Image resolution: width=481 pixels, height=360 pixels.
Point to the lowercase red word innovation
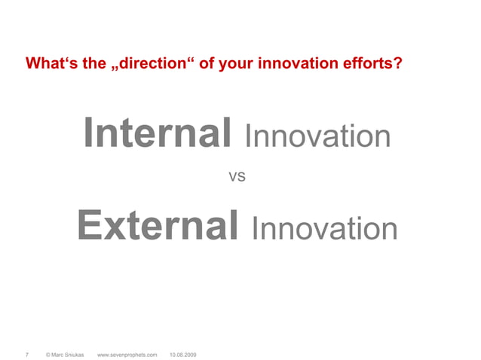coord(291,63)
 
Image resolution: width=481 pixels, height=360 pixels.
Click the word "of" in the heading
coord(205,63)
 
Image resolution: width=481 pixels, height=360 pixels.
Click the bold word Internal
coord(158,134)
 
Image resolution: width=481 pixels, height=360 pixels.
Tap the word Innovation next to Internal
coord(317,137)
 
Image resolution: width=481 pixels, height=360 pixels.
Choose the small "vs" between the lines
coord(237,178)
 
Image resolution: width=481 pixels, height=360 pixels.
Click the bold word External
coord(158,225)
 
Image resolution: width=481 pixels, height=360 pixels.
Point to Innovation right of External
coord(324,228)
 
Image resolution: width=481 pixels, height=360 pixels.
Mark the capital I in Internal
coord(90,134)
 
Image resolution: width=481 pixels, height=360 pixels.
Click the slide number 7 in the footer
coord(27,353)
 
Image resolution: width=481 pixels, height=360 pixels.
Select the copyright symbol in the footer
coord(48,353)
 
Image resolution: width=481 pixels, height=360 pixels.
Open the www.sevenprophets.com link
coord(127,353)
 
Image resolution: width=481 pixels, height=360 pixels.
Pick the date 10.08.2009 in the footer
coord(183,353)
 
